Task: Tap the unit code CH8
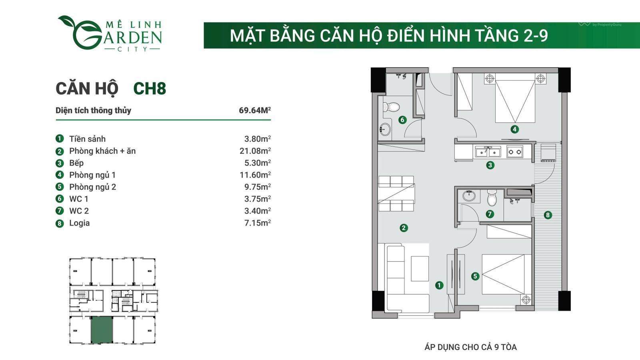click(150, 88)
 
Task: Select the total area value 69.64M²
click(254, 110)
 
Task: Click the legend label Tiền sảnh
click(88, 139)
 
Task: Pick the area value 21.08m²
click(255, 150)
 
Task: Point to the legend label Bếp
click(76, 163)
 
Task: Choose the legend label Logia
click(80, 223)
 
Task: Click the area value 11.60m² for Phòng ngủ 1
click(255, 174)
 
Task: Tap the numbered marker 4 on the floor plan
click(514, 129)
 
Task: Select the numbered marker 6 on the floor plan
click(402, 120)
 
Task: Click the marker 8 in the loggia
click(548, 215)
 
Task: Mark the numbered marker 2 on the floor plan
click(404, 228)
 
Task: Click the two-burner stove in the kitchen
click(514, 152)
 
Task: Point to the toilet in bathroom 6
click(391, 107)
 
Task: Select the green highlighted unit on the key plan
click(102, 330)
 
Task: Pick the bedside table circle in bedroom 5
click(526, 300)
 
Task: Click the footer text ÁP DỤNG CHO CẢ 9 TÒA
click(470, 347)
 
